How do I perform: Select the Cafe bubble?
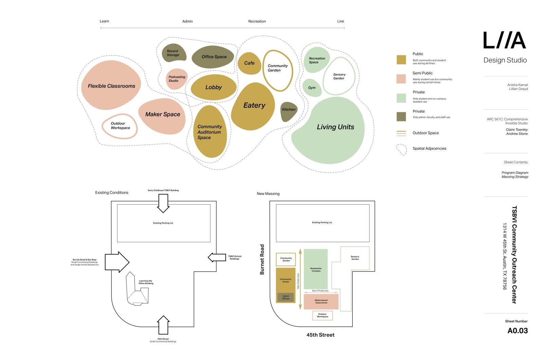tap(249, 63)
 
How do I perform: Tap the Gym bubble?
tap(312, 88)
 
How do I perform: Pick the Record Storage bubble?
tap(173, 53)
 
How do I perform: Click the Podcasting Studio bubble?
tap(176, 79)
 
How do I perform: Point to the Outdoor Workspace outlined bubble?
tap(120, 126)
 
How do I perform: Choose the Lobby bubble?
tap(213, 88)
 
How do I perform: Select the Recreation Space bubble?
tap(317, 60)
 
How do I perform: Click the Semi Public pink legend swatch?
tap(401, 79)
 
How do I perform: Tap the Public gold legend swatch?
tap(401, 59)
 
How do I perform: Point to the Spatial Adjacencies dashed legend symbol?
tap(401, 149)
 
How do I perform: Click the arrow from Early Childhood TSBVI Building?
tap(163, 203)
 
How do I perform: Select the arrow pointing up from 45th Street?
tap(163, 325)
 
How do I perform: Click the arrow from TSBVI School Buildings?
tap(217, 258)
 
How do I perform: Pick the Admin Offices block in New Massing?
tap(285, 298)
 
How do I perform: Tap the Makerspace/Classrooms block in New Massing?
tap(321, 302)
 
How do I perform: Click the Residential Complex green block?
tap(316, 269)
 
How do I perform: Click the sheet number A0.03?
tap(517, 331)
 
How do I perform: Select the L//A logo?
tap(505, 40)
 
